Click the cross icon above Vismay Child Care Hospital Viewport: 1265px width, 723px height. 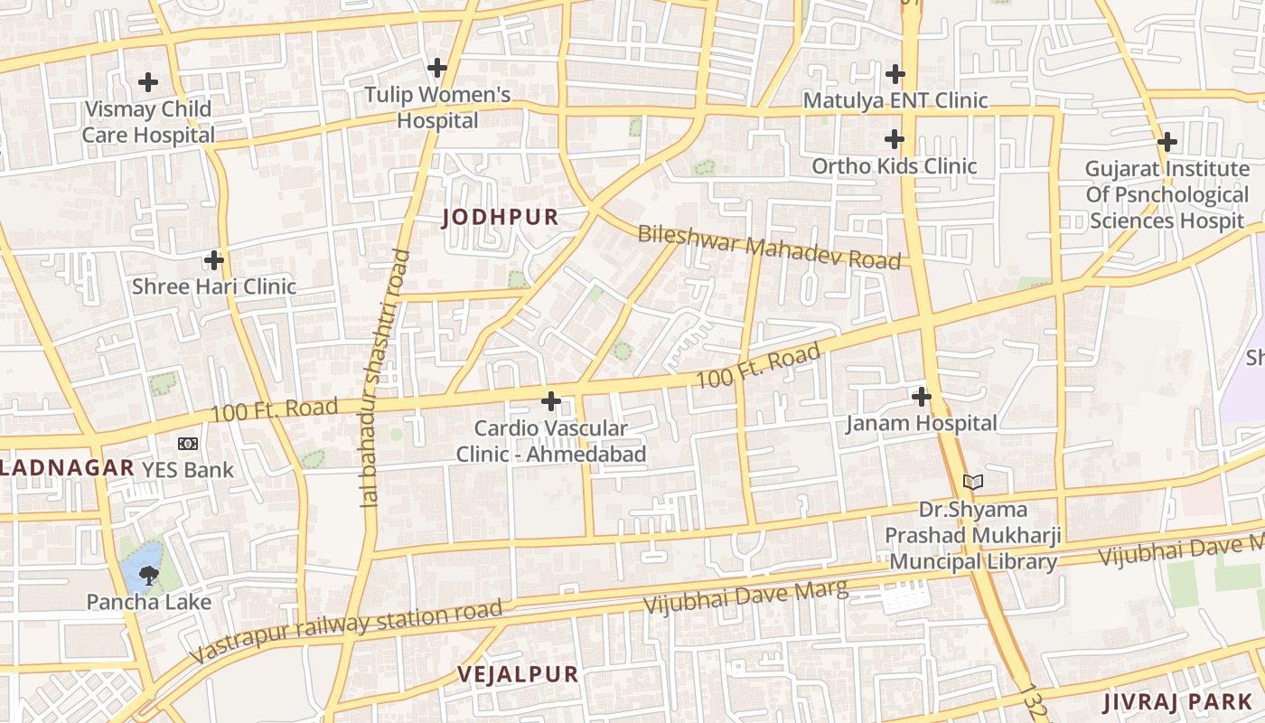148,82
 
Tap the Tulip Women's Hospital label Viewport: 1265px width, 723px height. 437,108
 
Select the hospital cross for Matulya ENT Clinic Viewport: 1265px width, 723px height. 895,74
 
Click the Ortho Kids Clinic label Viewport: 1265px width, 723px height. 894,165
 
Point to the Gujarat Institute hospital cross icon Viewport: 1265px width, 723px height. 1167,142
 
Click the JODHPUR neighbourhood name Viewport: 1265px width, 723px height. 500,217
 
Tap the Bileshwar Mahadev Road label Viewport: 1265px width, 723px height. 769,247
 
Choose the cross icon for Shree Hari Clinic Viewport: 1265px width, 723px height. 214,260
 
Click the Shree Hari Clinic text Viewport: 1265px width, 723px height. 214,286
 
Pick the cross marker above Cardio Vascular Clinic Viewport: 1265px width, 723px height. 550,401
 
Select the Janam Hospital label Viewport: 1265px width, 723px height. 921,423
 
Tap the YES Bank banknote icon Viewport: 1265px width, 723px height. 187,444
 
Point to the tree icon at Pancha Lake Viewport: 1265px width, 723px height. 149,576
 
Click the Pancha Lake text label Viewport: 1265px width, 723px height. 149,602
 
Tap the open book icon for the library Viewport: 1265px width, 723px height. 972,483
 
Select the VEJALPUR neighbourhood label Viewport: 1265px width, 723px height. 518,674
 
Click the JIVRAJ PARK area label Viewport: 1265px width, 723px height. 1177,702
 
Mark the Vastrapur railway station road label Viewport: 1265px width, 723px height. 348,630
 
